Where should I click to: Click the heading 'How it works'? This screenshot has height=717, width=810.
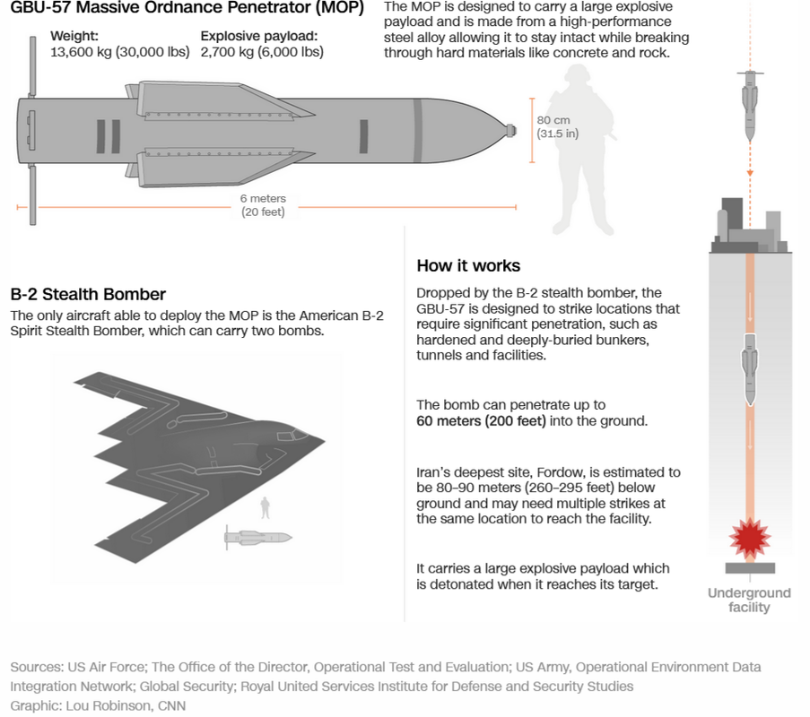tap(468, 266)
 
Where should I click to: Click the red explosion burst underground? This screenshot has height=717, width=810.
tap(749, 537)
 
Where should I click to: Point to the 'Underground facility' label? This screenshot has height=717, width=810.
tap(749, 600)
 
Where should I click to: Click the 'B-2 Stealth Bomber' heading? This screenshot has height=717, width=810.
tap(88, 294)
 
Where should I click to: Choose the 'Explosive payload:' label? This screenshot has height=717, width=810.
tap(259, 36)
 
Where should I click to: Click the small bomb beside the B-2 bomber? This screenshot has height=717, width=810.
tap(257, 538)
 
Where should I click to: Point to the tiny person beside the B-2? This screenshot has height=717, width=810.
tap(265, 508)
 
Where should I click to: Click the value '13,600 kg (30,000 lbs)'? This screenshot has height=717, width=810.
tap(119, 52)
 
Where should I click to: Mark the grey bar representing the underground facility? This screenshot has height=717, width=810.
tap(749, 568)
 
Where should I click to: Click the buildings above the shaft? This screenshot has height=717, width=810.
tap(749, 226)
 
